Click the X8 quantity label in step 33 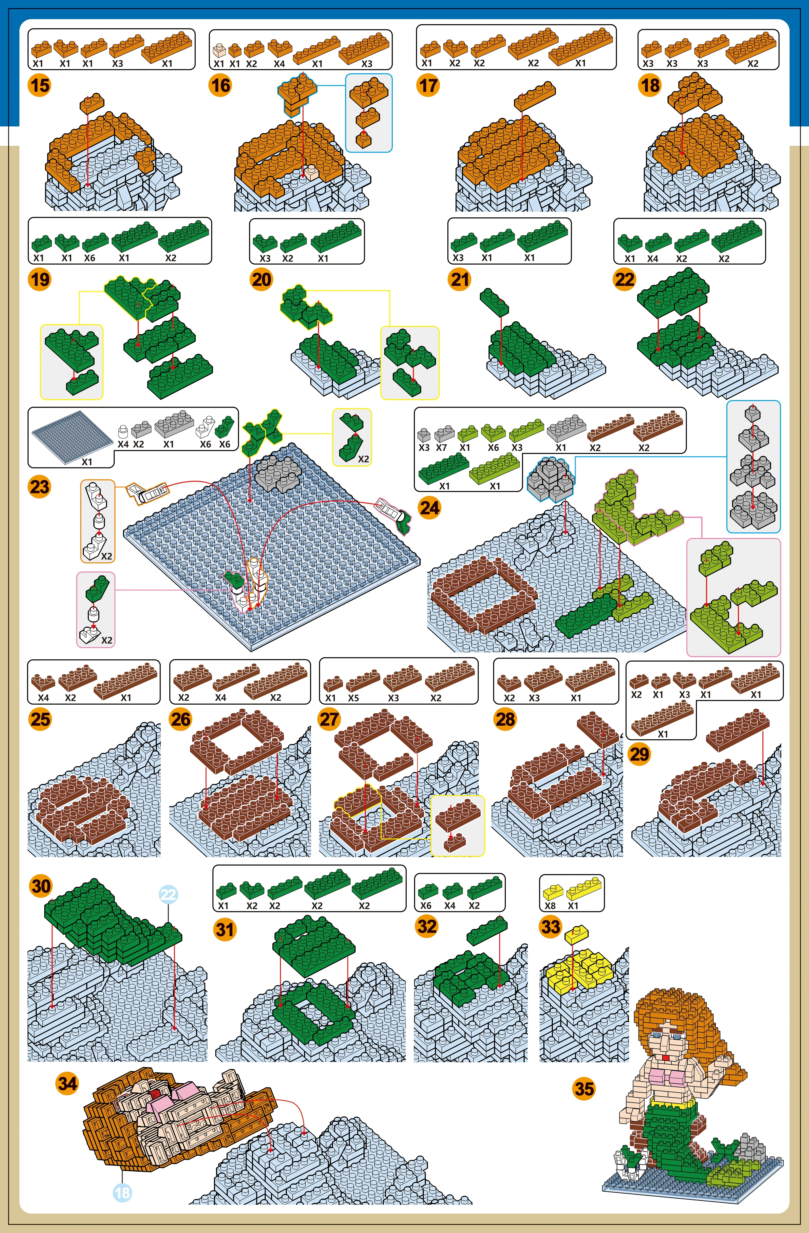pyautogui.click(x=550, y=905)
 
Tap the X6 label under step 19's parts pyautogui.click(x=90, y=257)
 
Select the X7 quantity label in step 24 pyautogui.click(x=441, y=447)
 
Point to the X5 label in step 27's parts pyautogui.click(x=353, y=698)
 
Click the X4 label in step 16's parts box pyautogui.click(x=279, y=64)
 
